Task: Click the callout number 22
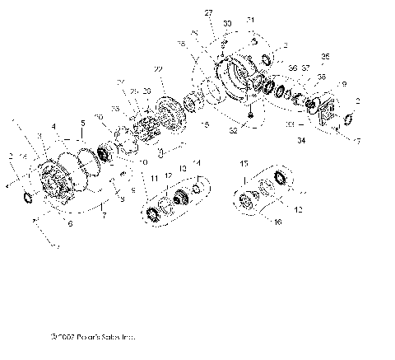[x=157, y=68]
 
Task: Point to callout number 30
[x=228, y=25]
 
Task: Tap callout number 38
[x=322, y=76]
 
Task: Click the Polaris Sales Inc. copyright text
[x=92, y=336]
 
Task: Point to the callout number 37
[x=305, y=68]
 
